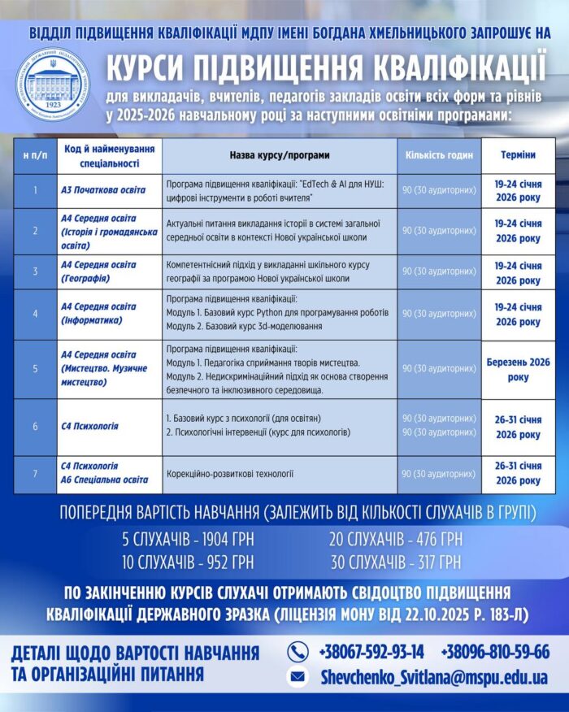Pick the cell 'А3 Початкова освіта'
(x=103, y=190)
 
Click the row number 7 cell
(x=35, y=473)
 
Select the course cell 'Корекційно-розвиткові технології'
(x=230, y=473)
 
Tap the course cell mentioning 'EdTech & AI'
(x=280, y=190)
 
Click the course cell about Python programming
(x=280, y=313)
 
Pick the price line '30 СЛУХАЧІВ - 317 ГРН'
(x=396, y=562)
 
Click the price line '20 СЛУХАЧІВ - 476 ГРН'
(x=396, y=539)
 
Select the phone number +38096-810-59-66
(x=494, y=651)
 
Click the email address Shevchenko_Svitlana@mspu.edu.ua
(x=433, y=677)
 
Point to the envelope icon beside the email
(x=298, y=676)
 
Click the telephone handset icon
(x=298, y=651)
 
